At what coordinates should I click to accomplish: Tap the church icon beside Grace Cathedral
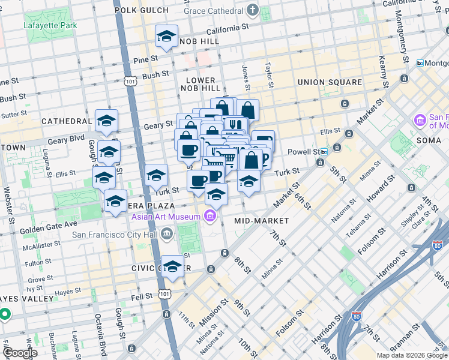tap(253, 10)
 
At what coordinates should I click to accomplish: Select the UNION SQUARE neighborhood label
tap(330, 82)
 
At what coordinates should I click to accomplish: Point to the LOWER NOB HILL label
tap(200, 84)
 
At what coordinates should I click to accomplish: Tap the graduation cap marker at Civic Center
tap(172, 266)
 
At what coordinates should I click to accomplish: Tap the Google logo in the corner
tap(19, 353)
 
